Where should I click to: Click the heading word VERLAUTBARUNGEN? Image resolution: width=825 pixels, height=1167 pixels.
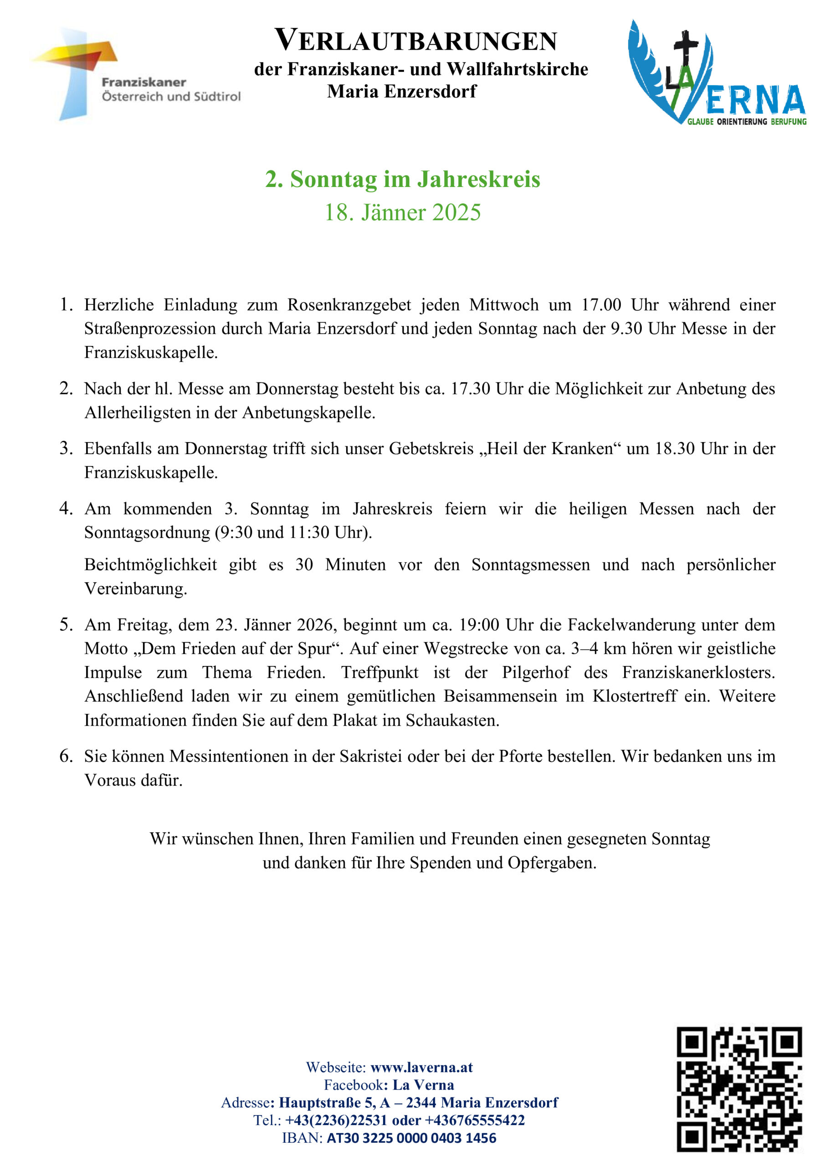(x=415, y=41)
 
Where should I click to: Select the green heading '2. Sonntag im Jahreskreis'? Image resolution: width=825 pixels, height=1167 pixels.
(x=402, y=179)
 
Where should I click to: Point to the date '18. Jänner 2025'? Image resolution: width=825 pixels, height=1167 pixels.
(x=402, y=212)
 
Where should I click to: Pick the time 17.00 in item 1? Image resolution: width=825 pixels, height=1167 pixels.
(x=601, y=305)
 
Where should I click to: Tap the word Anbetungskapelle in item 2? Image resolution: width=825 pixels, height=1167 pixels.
(x=308, y=413)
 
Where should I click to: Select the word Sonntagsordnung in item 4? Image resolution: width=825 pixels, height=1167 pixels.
(x=147, y=533)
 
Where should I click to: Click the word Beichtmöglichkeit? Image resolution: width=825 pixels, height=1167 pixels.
(x=150, y=565)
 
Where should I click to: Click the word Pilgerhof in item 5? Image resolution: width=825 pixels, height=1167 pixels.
(x=536, y=672)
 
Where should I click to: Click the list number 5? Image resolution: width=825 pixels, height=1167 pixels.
(x=66, y=625)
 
